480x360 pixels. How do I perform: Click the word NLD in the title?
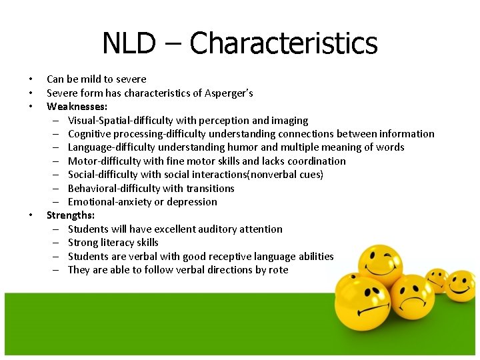[x=129, y=44]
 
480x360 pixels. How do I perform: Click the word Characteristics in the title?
[x=283, y=44]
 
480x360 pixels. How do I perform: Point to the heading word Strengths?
[x=70, y=215]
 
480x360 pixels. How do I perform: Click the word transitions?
[x=211, y=188]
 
